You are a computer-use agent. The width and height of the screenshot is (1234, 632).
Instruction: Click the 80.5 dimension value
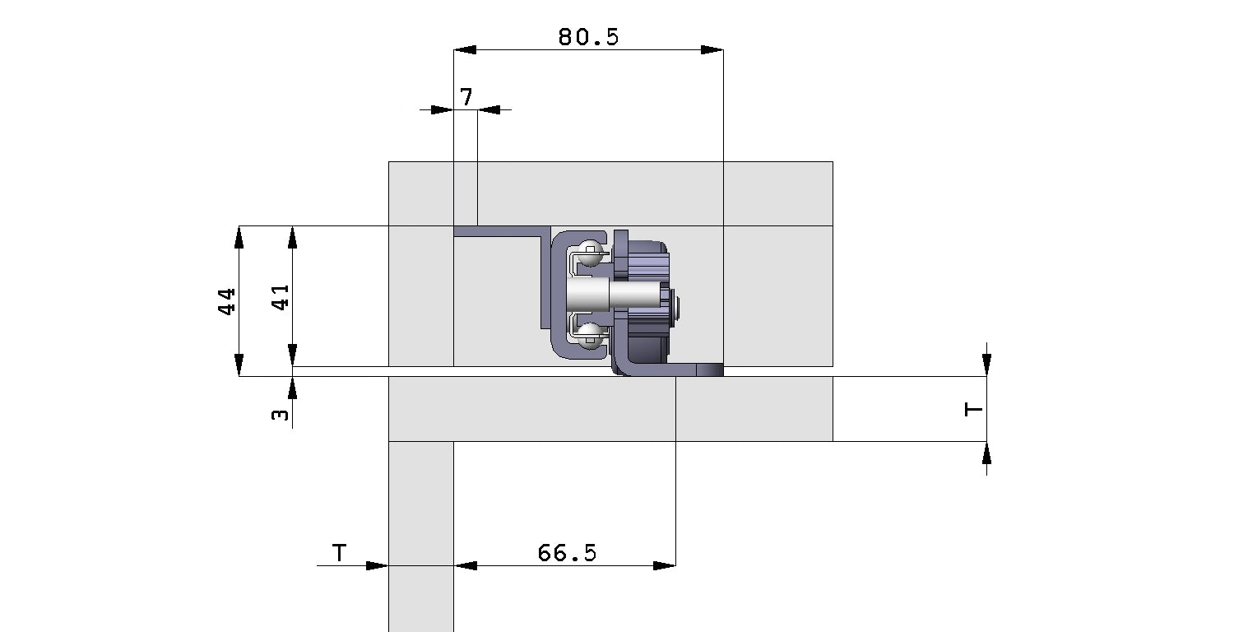[588, 37]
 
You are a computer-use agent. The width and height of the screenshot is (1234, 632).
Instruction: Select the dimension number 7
[466, 97]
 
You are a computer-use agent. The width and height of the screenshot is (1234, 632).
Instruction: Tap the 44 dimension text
[226, 301]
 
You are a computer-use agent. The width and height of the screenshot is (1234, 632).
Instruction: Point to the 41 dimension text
[281, 298]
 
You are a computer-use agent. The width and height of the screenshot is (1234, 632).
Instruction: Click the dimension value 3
[280, 415]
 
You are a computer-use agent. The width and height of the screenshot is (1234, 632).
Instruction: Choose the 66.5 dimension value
[567, 553]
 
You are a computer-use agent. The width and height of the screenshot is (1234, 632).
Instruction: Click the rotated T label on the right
[973, 409]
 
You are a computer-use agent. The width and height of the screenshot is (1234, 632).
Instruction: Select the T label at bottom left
[339, 553]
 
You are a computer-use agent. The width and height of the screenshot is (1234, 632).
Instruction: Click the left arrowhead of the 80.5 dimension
[465, 50]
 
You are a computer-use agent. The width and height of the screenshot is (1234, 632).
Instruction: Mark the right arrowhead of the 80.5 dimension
[712, 50]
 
